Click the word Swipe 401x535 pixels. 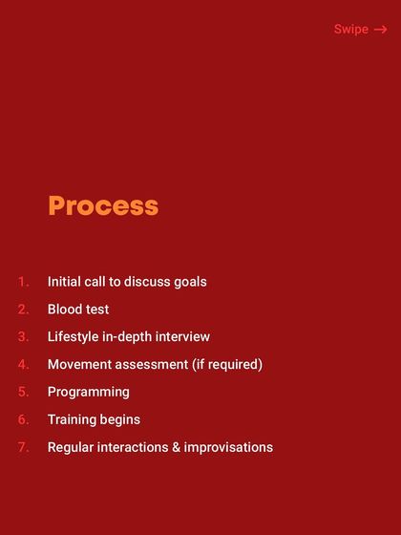350,30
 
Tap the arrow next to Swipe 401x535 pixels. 380,30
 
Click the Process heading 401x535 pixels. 103,205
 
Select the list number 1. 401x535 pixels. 24,282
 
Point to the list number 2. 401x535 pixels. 24,310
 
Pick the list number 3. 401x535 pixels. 24,337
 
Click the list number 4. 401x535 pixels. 24,364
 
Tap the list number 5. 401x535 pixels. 24,392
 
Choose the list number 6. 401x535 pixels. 24,419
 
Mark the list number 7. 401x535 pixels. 24,447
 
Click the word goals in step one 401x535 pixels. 189,282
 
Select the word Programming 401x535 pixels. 89,392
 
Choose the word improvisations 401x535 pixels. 228,447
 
